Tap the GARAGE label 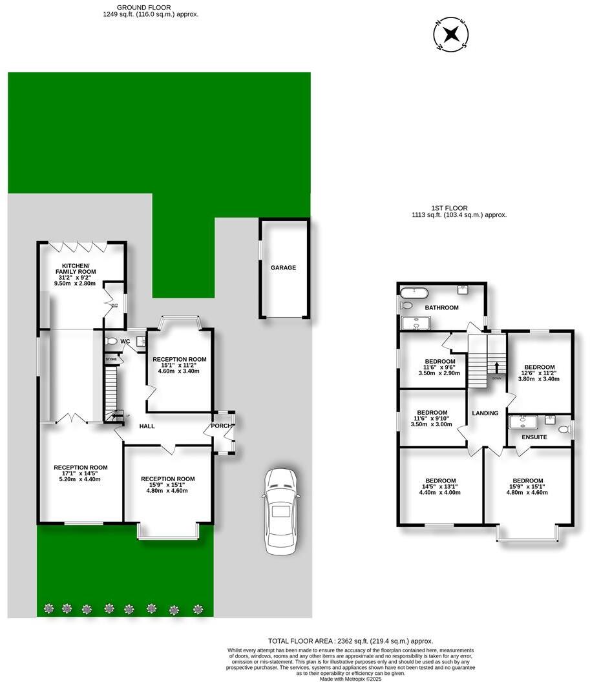[283, 267]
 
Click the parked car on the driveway [280, 510]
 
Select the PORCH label [221, 426]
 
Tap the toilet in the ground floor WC [111, 341]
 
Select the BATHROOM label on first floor [441, 307]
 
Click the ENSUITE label [534, 437]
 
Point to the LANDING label [485, 413]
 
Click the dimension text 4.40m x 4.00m [440, 493]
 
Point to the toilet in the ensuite [564, 429]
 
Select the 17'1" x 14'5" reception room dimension [81, 473]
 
